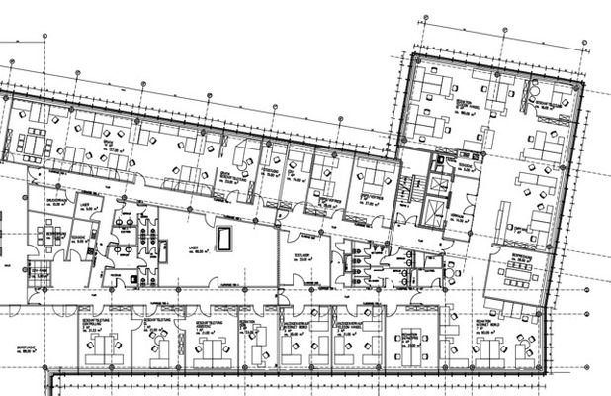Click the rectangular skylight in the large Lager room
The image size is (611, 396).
225,238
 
